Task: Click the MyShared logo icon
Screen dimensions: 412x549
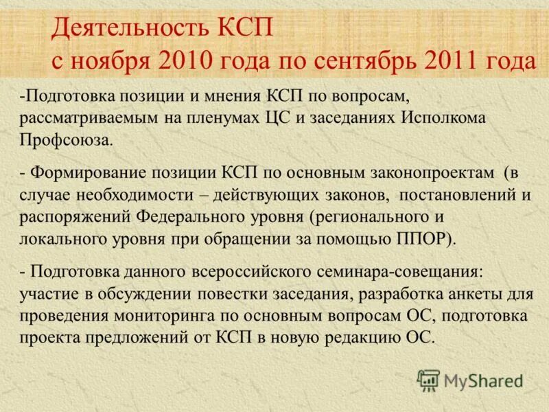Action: [x=429, y=380]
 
